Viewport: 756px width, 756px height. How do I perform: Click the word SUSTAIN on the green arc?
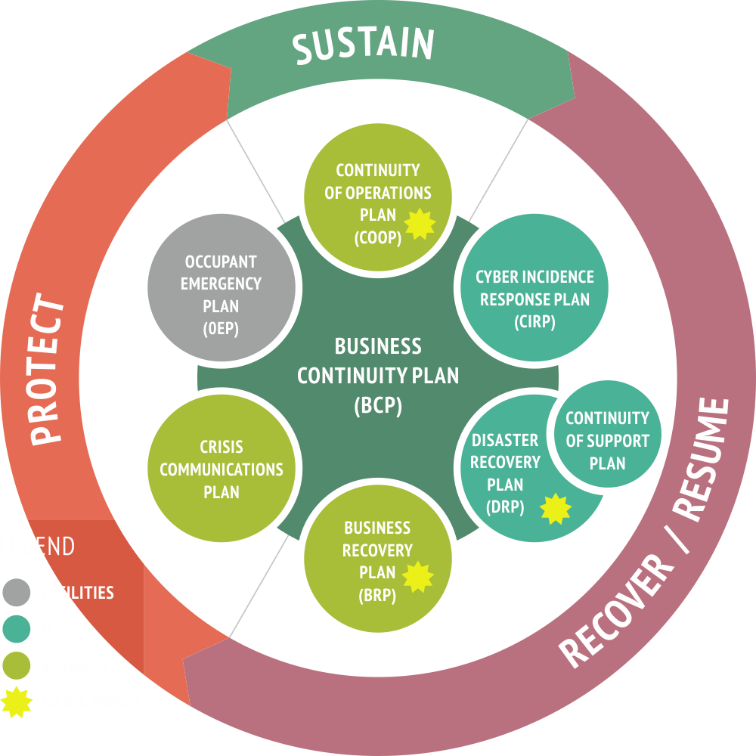pyautogui.click(x=364, y=45)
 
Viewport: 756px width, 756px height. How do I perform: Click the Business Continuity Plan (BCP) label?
pyautogui.click(x=378, y=376)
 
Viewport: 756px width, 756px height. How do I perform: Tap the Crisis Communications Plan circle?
pyautogui.click(x=222, y=469)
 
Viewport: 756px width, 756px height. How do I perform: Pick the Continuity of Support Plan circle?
pyautogui.click(x=607, y=439)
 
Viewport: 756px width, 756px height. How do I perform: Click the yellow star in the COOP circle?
pyautogui.click(x=420, y=223)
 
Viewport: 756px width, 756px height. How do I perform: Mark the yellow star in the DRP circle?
pyautogui.click(x=556, y=508)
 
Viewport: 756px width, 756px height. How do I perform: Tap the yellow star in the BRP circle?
pyautogui.click(x=418, y=577)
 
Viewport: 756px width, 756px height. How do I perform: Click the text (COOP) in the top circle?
pyautogui.click(x=376, y=237)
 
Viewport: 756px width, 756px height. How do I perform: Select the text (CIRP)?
pyautogui.click(x=534, y=321)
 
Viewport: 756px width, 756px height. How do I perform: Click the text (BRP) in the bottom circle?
pyautogui.click(x=377, y=595)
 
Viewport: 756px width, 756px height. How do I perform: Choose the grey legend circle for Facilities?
pyautogui.click(x=17, y=593)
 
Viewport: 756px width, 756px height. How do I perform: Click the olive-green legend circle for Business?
pyautogui.click(x=17, y=666)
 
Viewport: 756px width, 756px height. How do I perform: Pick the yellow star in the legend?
pyautogui.click(x=17, y=702)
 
